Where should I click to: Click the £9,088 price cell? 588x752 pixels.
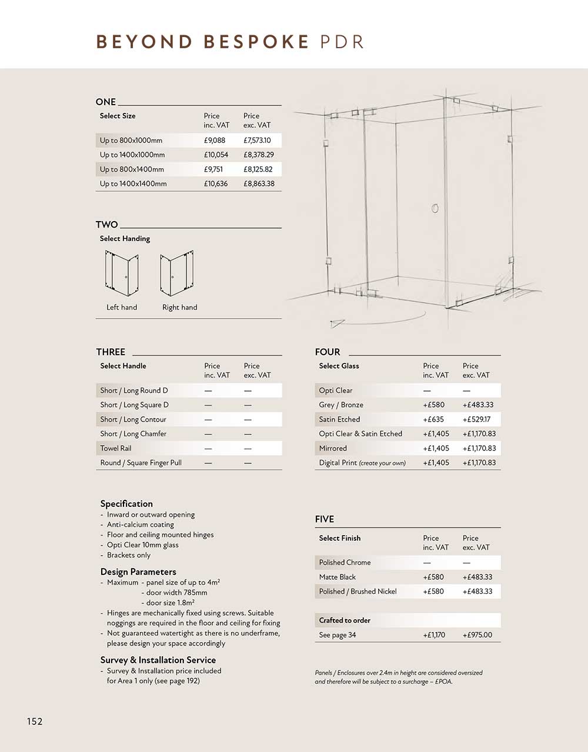coord(215,141)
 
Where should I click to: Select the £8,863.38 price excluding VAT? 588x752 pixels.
coord(259,183)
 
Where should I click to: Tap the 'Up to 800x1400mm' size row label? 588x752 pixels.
coord(132,169)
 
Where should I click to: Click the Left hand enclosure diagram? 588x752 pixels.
coord(122,274)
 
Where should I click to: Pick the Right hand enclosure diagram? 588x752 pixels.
coord(177,274)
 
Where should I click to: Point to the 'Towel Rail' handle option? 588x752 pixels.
coord(116,448)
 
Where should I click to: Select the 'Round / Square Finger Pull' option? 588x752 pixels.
coord(141,463)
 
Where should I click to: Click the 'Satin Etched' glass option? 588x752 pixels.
coord(339,419)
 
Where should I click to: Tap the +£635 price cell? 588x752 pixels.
coord(433,419)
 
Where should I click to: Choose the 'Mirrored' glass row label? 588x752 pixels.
coord(333,448)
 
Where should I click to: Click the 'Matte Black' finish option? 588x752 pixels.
coord(337,577)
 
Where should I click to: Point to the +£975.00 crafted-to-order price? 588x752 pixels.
coord(477,635)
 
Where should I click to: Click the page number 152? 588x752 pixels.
coord(35,721)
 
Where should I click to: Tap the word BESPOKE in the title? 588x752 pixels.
coord(256,42)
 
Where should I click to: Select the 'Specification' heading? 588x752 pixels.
coord(126,504)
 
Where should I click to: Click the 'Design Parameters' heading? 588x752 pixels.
coord(138,571)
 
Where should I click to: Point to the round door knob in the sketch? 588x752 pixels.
coord(435,208)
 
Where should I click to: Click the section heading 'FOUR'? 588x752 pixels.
coord(328,352)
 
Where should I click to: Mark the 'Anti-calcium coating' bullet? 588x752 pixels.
coord(140,524)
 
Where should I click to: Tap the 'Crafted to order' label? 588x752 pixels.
coord(345,620)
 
